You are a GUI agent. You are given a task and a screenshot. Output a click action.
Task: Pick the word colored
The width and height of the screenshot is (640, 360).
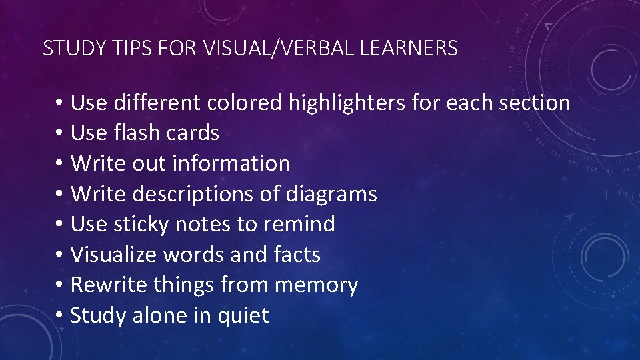[x=245, y=103]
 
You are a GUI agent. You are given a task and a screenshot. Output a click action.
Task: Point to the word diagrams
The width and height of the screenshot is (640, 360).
[x=331, y=194]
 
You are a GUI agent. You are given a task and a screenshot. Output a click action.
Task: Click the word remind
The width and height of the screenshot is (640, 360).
[x=299, y=224]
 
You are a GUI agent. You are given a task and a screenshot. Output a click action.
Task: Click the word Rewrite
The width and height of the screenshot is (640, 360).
[x=109, y=285]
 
